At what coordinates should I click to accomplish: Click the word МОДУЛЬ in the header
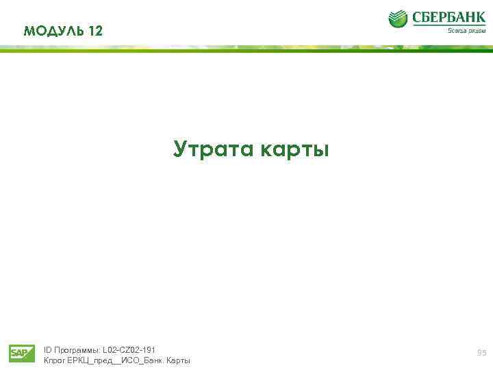pyautogui.click(x=53, y=30)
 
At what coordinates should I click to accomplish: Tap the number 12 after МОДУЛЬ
pyautogui.click(x=95, y=30)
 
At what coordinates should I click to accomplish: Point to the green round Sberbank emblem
pyautogui.click(x=399, y=18)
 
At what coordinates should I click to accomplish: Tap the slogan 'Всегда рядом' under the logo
pyautogui.click(x=466, y=31)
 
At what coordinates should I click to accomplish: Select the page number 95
pyautogui.click(x=482, y=352)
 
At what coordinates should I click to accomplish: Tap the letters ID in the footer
pyautogui.click(x=47, y=349)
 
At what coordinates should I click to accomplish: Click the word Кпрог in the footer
pyautogui.click(x=54, y=360)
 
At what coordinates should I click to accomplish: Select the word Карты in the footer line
pyautogui.click(x=178, y=360)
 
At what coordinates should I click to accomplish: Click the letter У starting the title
pyautogui.click(x=181, y=149)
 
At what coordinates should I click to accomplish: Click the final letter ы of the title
pyautogui.click(x=321, y=150)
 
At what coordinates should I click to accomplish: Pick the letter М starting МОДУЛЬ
pyautogui.click(x=29, y=30)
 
